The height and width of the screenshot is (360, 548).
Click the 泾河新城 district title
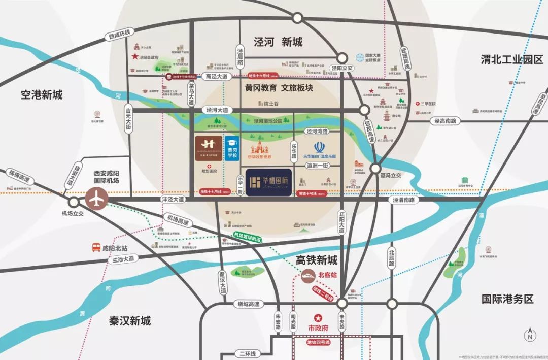(x=278, y=42)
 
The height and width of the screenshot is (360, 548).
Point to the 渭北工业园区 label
(x=511, y=59)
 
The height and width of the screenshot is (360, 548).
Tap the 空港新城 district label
(x=42, y=94)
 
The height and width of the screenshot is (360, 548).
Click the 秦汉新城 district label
(x=130, y=321)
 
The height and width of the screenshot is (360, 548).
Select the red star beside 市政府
(x=318, y=317)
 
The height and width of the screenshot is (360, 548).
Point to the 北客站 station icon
(x=307, y=276)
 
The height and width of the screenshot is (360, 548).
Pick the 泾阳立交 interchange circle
(x=342, y=58)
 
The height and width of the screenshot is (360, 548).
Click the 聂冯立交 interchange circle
(x=375, y=169)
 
